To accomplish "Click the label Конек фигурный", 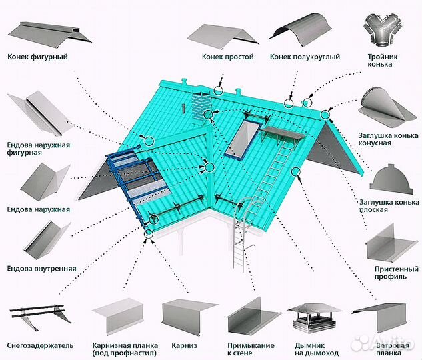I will (x=39, y=57).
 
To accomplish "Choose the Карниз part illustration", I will (x=189, y=316).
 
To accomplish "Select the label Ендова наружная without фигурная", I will (x=39, y=209).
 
